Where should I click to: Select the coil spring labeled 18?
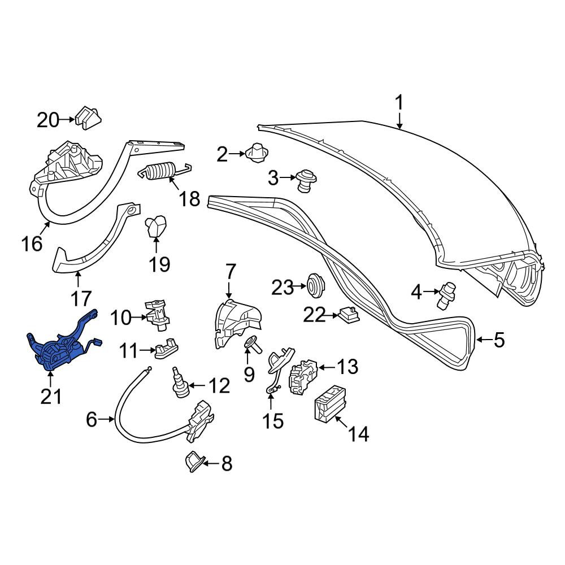(164, 170)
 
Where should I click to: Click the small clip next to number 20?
(88, 118)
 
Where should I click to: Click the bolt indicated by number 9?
(254, 344)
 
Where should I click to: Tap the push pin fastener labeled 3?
(306, 180)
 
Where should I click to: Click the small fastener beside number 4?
(446, 295)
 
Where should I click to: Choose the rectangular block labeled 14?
(331, 403)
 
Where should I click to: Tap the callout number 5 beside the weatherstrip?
(499, 340)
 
